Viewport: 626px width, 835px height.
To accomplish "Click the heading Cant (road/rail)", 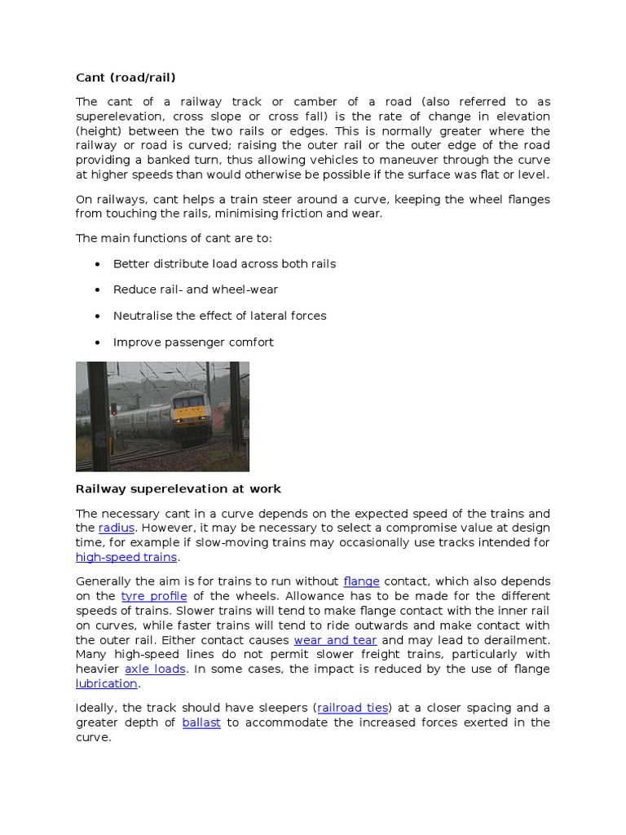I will [x=126, y=77].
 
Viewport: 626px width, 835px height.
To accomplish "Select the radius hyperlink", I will [x=116, y=528].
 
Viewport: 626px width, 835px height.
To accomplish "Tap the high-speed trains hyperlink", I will [x=126, y=558].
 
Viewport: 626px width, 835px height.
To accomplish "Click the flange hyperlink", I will [x=361, y=581].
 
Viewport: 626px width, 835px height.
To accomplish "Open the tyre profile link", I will [x=154, y=596].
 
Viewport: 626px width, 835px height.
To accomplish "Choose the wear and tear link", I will [x=335, y=640].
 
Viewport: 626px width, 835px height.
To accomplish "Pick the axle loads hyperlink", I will [x=155, y=669].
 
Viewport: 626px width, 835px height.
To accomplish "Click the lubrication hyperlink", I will [x=106, y=683].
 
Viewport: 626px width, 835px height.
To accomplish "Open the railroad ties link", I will [x=353, y=708].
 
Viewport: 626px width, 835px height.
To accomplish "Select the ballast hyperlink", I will [x=201, y=722].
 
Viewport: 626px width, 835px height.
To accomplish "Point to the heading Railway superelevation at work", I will [x=178, y=489].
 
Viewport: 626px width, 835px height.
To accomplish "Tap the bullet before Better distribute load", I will [x=98, y=264].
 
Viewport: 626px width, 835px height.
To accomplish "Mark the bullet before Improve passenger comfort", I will [x=98, y=342].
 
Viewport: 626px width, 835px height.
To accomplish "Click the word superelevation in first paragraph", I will [x=117, y=117].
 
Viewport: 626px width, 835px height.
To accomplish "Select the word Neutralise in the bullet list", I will [x=142, y=316].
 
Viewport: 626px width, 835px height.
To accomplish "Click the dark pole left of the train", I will [x=99, y=416].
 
